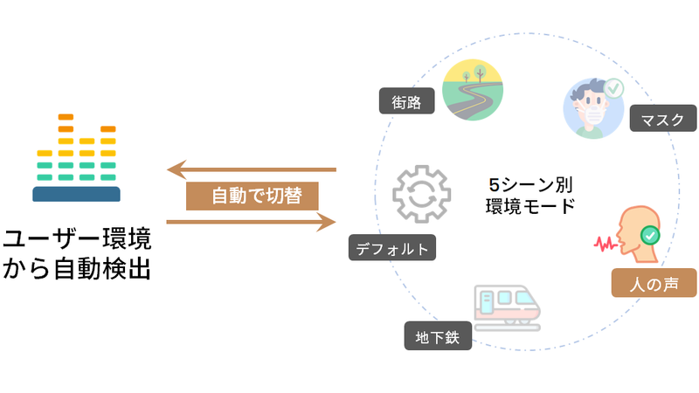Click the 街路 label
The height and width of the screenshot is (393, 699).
[x=408, y=102]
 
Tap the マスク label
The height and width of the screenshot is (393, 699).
[x=662, y=119]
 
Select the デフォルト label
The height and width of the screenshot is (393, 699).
[x=391, y=248]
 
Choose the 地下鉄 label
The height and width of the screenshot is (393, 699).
[x=438, y=335]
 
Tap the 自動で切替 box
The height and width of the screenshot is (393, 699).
[x=252, y=196]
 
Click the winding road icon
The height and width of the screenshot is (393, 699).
[x=476, y=89]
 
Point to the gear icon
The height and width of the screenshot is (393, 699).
[x=422, y=193]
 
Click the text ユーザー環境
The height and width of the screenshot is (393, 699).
[x=76, y=238]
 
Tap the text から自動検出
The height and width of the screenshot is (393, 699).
[x=76, y=269]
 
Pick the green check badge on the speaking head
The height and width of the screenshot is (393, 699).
[x=650, y=234]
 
